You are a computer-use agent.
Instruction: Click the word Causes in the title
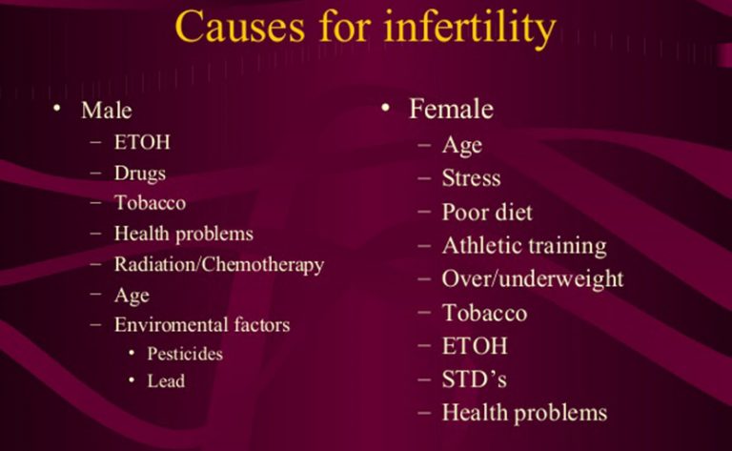pos(239,27)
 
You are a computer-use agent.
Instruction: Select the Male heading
pos(107,111)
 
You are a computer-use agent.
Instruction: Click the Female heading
pos(451,109)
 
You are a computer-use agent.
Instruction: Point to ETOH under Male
pos(142,142)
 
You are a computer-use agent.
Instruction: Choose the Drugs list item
pos(140,174)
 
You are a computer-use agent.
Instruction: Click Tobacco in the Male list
pos(150,203)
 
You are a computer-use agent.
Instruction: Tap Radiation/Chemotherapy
pos(219,265)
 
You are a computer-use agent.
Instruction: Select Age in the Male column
pos(132,296)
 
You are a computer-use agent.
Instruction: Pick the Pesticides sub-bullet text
pos(185,354)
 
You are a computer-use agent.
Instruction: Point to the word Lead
pos(166,381)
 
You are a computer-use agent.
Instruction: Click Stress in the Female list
pos(472,178)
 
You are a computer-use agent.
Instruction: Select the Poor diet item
pos(487,212)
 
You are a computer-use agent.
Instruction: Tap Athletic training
pos(524,246)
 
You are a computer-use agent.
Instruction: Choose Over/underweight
pos(533,279)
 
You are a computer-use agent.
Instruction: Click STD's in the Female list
pos(475,379)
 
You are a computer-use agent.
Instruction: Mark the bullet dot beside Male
pos(57,109)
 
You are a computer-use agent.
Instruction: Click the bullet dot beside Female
pos(385,109)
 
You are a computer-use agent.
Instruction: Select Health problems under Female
pos(525,413)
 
